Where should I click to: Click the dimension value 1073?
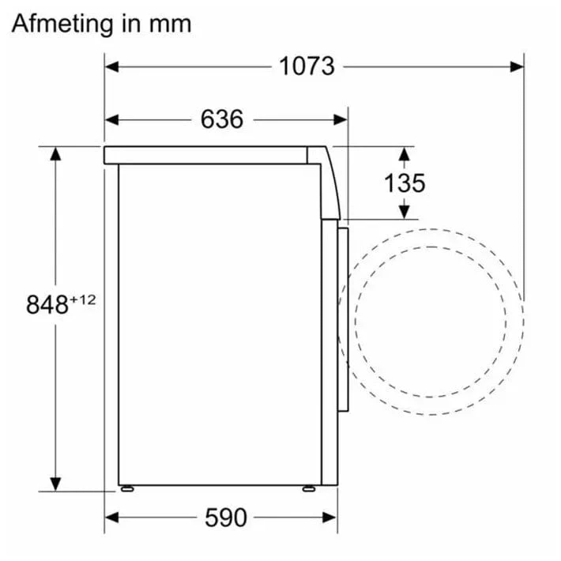[307, 66]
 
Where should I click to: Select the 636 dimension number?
[222, 119]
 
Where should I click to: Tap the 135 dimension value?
[405, 183]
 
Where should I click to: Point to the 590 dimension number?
[226, 518]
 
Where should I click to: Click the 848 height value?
[47, 305]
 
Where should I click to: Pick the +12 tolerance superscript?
[83, 299]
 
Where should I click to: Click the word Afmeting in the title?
[62, 25]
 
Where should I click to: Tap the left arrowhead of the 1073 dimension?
[111, 66]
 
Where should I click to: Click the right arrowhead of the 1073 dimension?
[517, 66]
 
